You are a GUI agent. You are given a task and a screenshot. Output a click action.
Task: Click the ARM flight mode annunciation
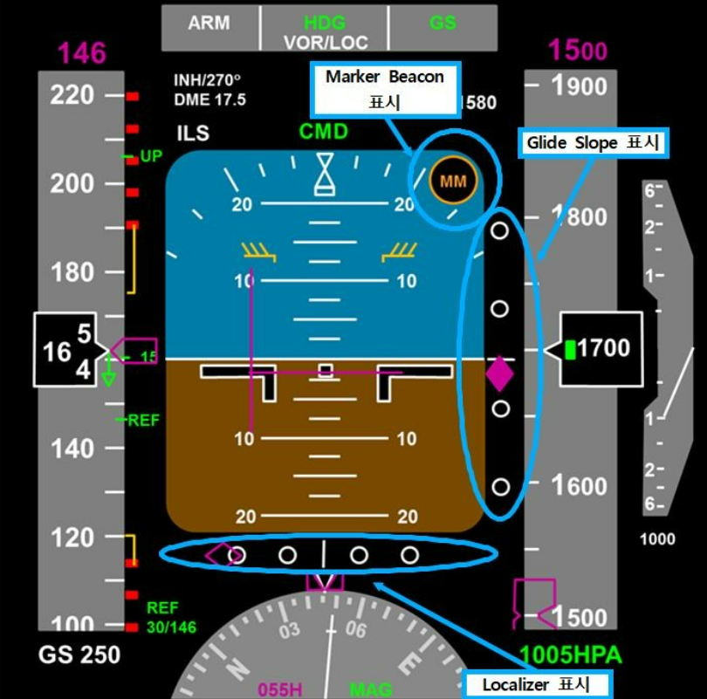click(x=209, y=24)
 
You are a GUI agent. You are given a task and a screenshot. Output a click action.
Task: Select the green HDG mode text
click(x=325, y=24)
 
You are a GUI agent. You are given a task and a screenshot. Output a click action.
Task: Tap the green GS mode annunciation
click(x=443, y=24)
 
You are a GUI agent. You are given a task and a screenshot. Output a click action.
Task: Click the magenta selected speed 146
click(x=82, y=54)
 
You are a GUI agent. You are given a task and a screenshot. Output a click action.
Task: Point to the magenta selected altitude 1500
click(x=578, y=51)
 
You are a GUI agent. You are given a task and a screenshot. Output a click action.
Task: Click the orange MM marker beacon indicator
click(x=453, y=182)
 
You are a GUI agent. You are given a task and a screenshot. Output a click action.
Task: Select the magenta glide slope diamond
click(x=499, y=373)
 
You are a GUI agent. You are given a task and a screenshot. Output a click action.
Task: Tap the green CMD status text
click(x=324, y=132)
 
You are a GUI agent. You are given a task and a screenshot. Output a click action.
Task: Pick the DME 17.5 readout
click(x=209, y=100)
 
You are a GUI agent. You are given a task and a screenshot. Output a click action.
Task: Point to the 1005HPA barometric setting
click(x=570, y=655)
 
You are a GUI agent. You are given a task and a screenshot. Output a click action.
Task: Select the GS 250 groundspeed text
click(x=79, y=654)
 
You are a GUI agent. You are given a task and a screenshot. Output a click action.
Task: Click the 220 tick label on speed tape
click(x=72, y=94)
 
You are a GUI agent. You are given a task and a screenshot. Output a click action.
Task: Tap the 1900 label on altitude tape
click(x=580, y=86)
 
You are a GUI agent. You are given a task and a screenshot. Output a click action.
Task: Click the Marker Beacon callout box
click(x=385, y=88)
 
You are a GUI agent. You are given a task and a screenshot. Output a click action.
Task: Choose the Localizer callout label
click(x=536, y=684)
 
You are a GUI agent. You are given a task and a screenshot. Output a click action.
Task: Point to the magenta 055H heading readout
click(x=280, y=689)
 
